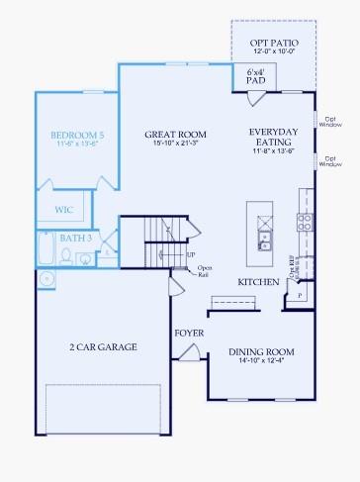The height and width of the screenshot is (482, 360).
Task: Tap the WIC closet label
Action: click(x=62, y=210)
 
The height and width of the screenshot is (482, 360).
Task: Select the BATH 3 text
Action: click(x=75, y=239)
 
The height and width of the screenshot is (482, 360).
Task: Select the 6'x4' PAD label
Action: click(x=256, y=77)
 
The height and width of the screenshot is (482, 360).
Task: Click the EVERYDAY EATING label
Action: click(x=274, y=138)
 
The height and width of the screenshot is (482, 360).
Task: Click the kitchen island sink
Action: click(x=264, y=241)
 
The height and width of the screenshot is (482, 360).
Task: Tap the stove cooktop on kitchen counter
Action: click(x=306, y=222)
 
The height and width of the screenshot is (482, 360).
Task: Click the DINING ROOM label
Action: click(x=262, y=351)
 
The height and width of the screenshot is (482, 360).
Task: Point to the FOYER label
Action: click(x=189, y=333)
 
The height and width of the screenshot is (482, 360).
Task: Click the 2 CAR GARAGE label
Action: click(x=103, y=347)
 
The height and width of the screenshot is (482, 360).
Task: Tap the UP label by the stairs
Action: click(x=190, y=255)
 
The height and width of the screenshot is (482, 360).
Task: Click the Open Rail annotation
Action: click(x=204, y=270)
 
